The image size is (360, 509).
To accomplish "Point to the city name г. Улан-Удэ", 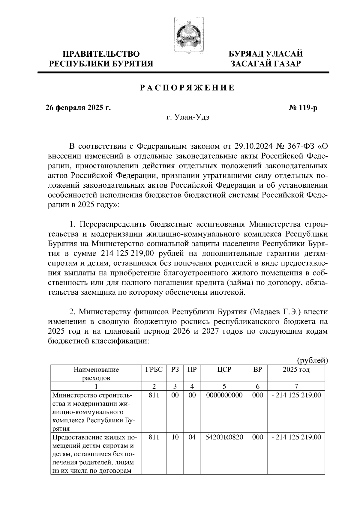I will coord(188,118).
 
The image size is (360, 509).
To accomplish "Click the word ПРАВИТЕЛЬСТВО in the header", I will coord(101,54).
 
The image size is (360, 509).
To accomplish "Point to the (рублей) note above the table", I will coord(312,360).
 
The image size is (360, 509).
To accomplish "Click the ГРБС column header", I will coord(154,370).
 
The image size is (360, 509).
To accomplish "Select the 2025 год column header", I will coord(296,370).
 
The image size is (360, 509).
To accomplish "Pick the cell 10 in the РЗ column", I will coord(175,437).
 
